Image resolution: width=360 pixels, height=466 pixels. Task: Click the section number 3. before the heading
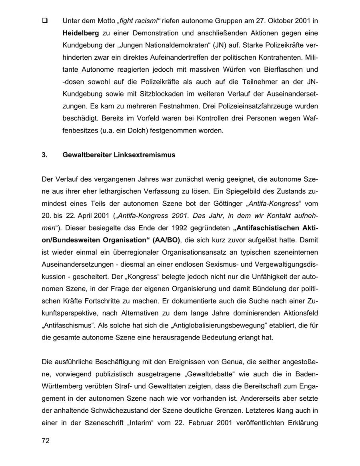44,155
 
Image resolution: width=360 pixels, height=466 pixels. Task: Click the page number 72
45,441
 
